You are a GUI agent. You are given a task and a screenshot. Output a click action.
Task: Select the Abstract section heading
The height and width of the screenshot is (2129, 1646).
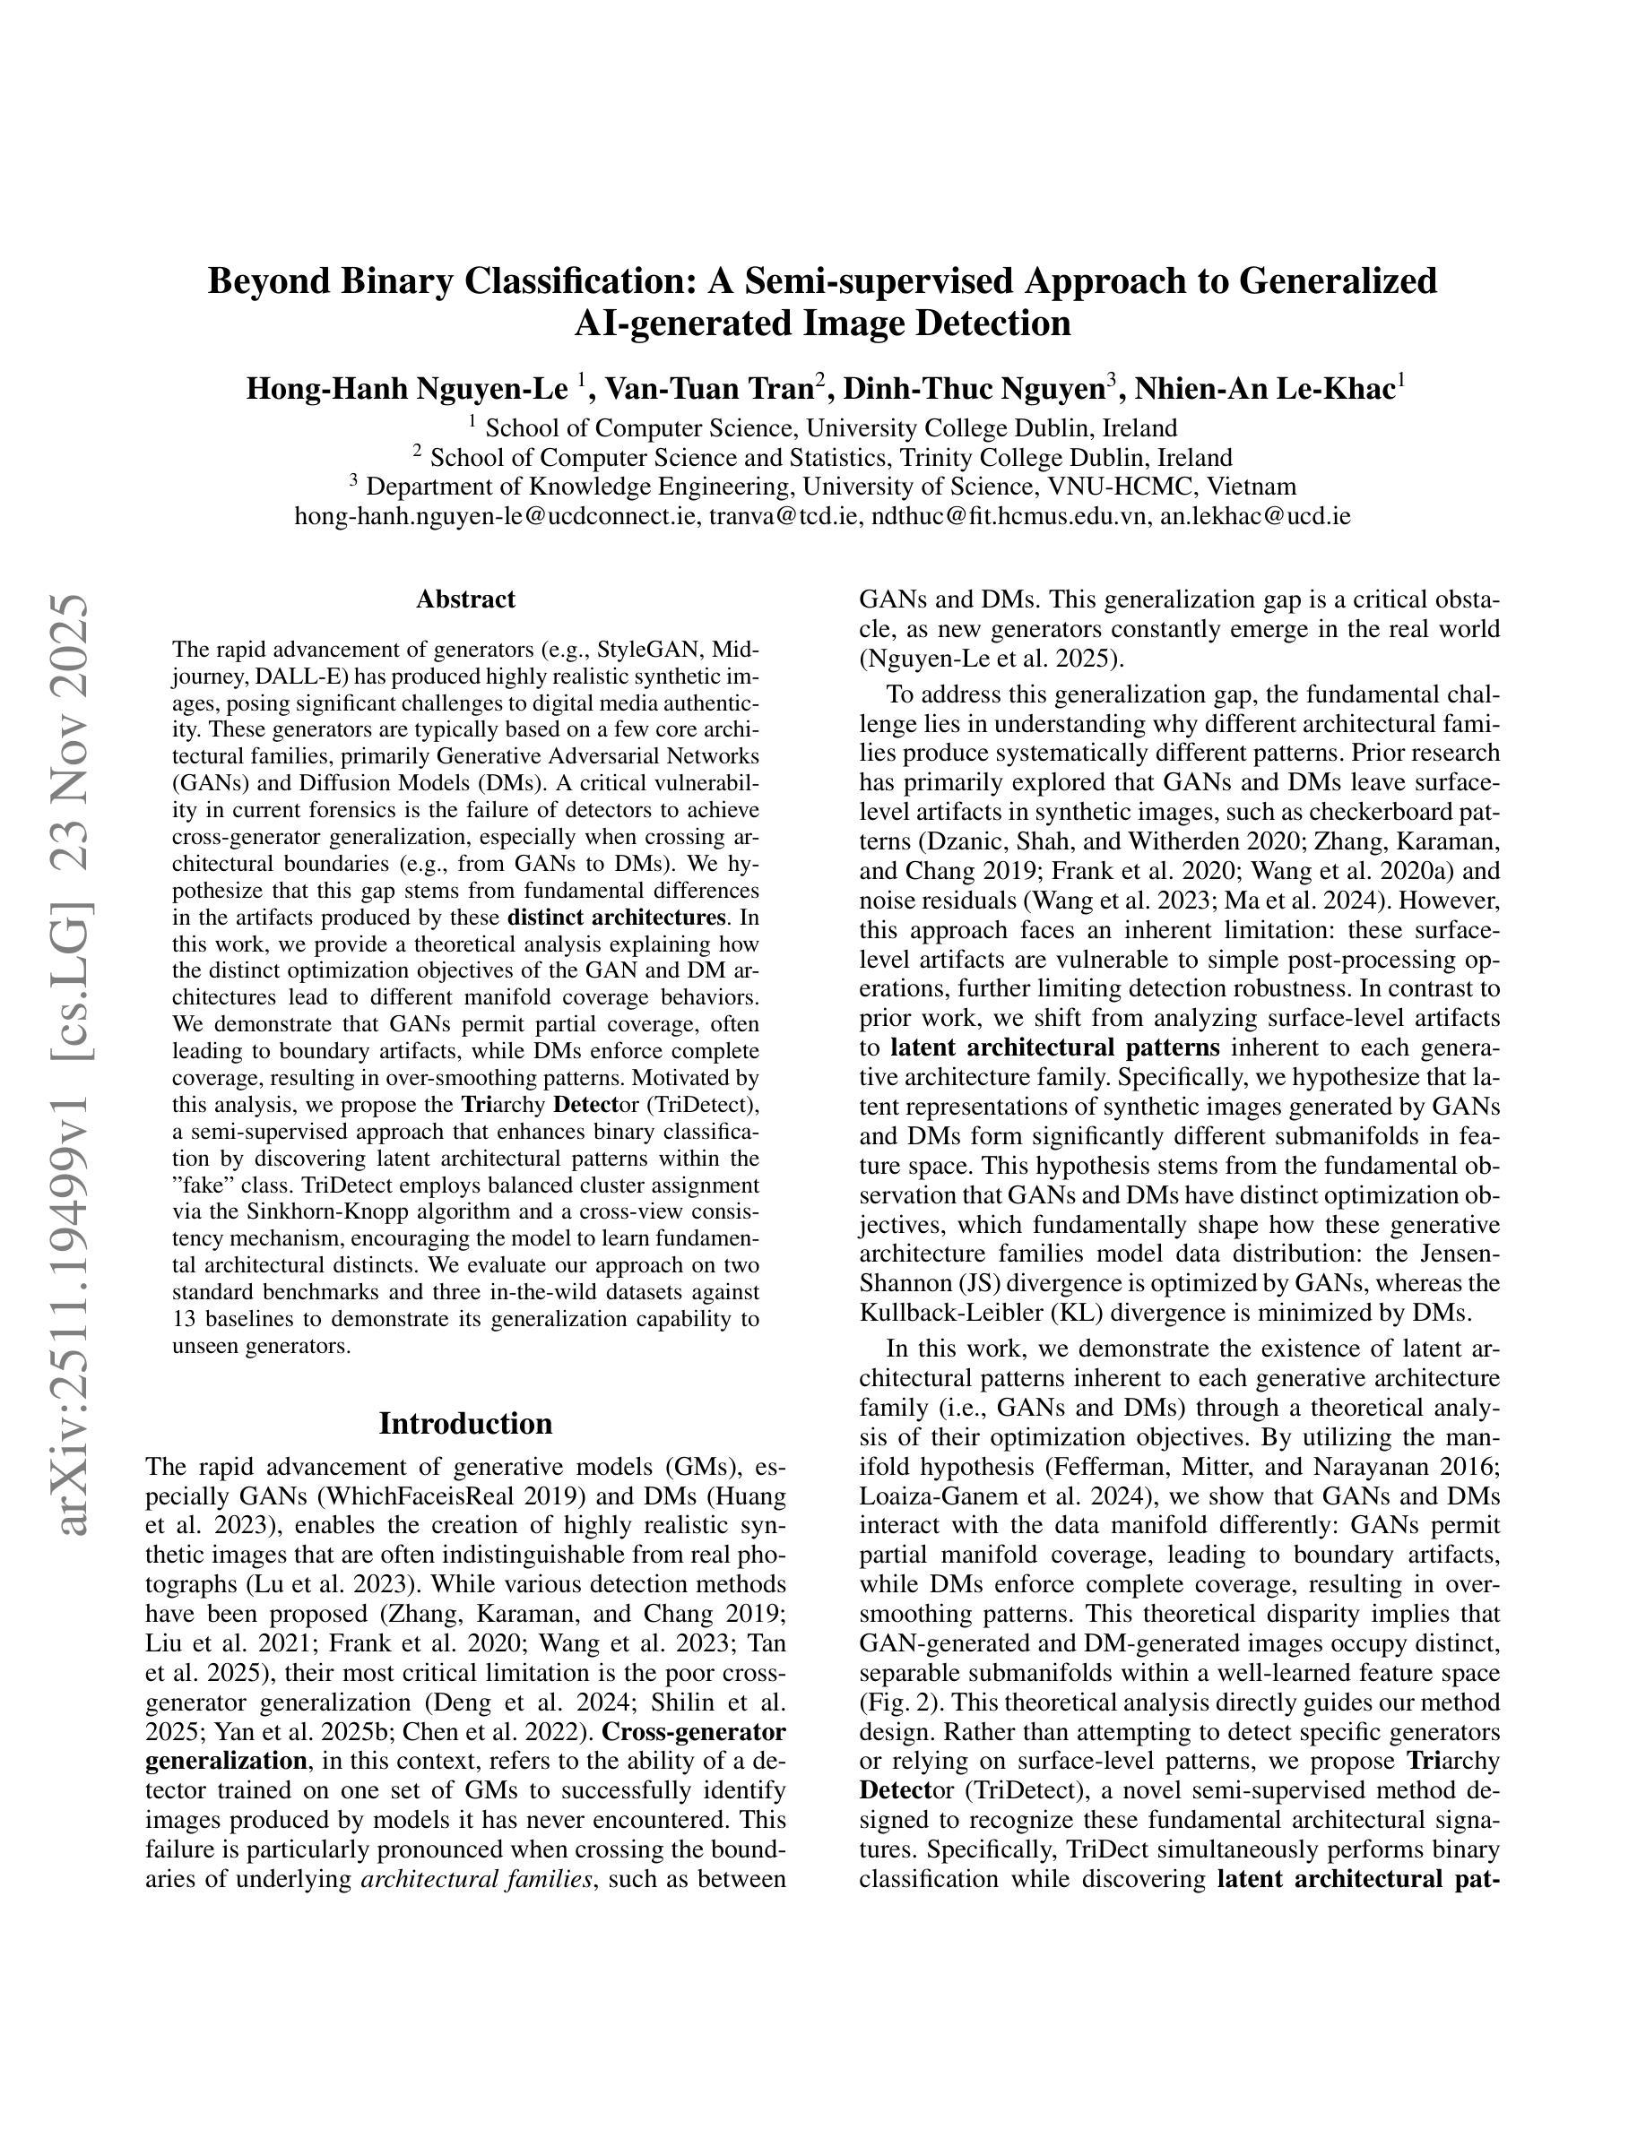click(465, 599)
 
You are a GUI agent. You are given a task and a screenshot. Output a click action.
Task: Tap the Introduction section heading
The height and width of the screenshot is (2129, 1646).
click(465, 1423)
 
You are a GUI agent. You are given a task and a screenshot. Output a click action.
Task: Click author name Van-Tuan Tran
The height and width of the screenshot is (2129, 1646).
click(709, 389)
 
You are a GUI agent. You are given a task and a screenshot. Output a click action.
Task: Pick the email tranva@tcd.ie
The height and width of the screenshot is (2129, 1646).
click(785, 516)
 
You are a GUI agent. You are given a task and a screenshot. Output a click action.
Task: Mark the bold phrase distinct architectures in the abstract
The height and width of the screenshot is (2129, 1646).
click(617, 918)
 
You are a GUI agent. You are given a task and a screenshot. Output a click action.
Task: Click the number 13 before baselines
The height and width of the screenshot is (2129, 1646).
click(183, 1320)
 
